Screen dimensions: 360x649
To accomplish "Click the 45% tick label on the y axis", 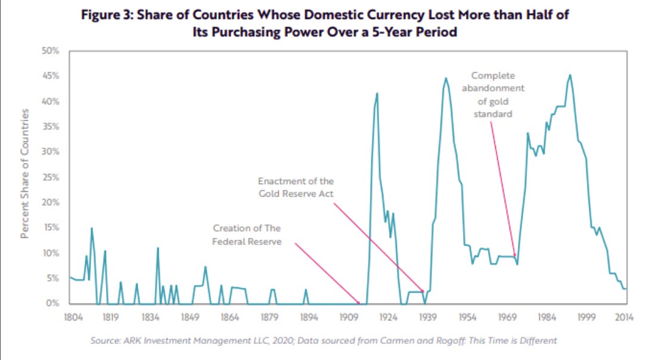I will [x=51, y=76].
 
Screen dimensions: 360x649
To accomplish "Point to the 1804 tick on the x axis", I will [x=70, y=316].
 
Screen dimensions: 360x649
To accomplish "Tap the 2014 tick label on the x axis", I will [x=625, y=316].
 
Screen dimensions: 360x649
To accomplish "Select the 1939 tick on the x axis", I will [x=427, y=316].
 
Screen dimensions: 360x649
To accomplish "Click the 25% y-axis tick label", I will [x=51, y=178].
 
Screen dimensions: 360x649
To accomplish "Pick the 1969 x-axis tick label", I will [x=507, y=316].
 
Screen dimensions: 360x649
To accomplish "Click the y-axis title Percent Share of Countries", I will [x=25, y=174].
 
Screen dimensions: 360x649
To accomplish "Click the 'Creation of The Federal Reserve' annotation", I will [x=247, y=235].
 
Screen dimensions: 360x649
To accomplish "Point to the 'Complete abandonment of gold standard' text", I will [x=493, y=94].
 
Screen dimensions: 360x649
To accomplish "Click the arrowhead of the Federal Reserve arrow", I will [x=359, y=303].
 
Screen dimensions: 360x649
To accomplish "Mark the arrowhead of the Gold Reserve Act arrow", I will [x=424, y=292].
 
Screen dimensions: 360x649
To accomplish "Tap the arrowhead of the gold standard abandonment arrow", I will [x=515, y=256].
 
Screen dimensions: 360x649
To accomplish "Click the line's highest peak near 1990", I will [x=570, y=75].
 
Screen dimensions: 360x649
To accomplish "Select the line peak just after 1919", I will [x=377, y=93].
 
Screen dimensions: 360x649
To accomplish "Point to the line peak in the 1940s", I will [x=445, y=78].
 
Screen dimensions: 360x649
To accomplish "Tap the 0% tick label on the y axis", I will [x=53, y=304].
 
